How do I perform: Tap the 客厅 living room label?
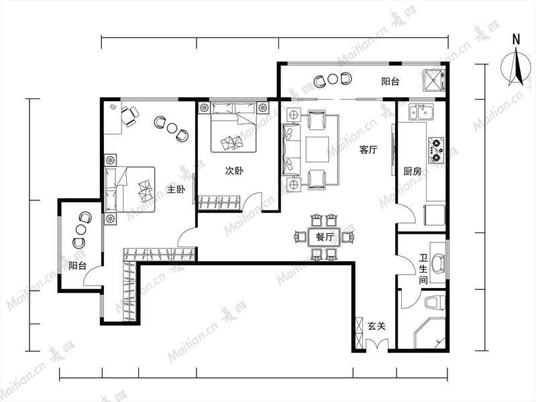368,149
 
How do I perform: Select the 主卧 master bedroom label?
176,189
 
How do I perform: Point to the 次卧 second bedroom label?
234,171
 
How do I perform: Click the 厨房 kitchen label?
413,171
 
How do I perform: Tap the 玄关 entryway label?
376,326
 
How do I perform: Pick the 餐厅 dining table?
325,237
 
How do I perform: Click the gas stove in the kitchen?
436,150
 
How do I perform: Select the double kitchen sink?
421,112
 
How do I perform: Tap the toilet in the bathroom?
435,303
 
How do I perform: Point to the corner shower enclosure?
430,333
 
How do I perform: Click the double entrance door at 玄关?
377,344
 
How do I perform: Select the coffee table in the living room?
317,149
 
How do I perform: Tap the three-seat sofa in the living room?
291,149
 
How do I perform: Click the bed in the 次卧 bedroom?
233,127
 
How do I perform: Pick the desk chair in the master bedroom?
130,116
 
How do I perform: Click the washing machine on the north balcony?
434,80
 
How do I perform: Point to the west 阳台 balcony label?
78,265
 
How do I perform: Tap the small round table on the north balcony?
333,79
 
